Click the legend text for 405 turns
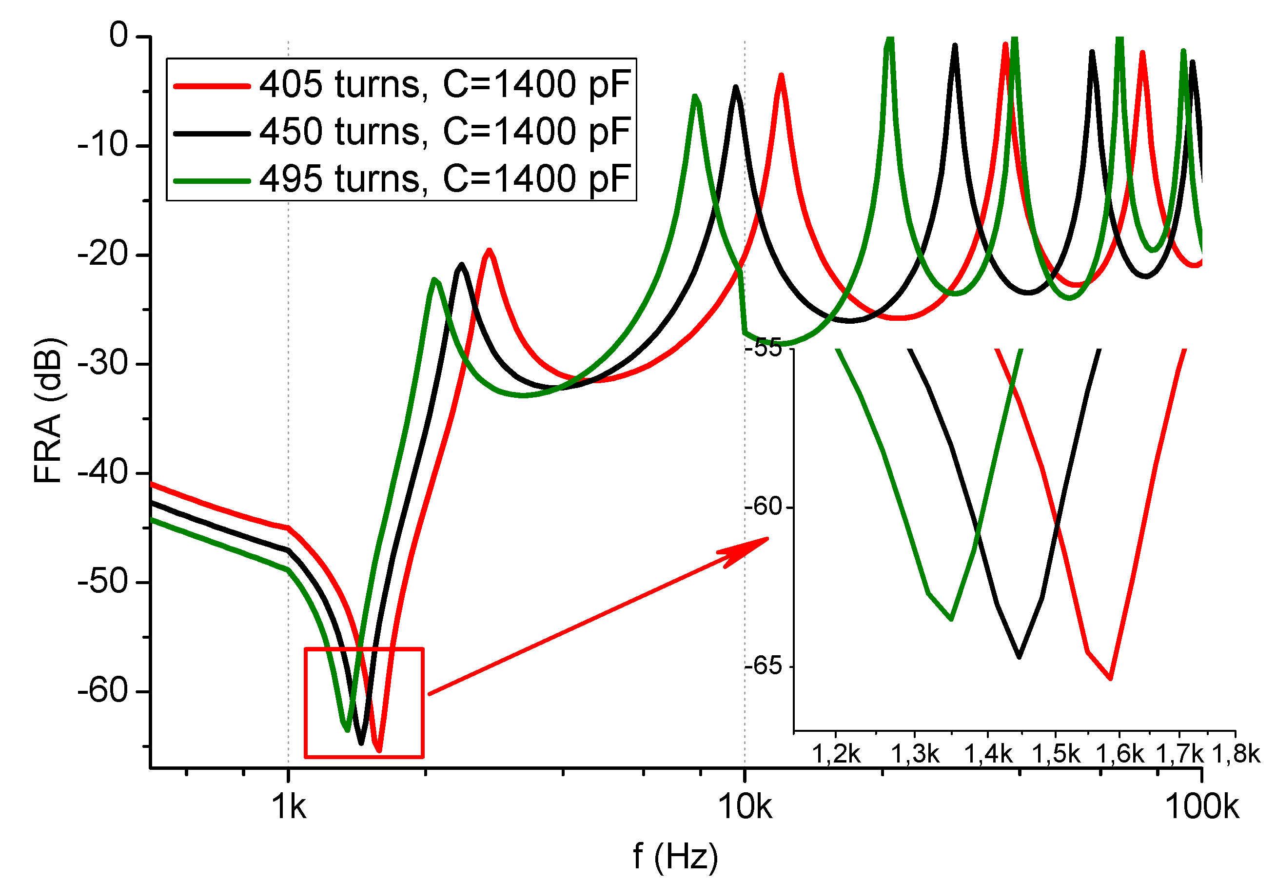(x=445, y=85)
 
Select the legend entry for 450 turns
(x=445, y=132)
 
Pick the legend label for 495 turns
(x=445, y=179)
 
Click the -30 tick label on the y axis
(x=103, y=364)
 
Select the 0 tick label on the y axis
(x=118, y=36)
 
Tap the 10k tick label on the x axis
(x=745, y=807)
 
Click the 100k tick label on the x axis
(x=1201, y=807)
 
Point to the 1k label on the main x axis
(x=289, y=807)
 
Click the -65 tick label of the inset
(x=763, y=666)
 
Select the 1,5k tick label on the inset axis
(x=1055, y=754)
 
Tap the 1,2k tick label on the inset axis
(x=836, y=754)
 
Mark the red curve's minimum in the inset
(x=1110, y=678)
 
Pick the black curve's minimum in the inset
(x=1019, y=657)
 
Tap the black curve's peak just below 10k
(x=736, y=87)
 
